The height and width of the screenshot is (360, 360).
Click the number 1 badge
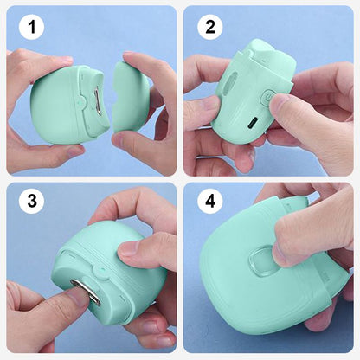[31, 27]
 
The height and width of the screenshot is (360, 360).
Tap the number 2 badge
[210, 27]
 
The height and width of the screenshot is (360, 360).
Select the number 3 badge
[31, 200]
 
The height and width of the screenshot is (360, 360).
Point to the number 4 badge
[210, 200]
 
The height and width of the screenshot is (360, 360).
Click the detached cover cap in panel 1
[131, 98]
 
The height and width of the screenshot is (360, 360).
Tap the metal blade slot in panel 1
[97, 102]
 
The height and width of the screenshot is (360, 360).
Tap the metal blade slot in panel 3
[87, 291]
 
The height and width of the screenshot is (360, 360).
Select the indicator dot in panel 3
[101, 271]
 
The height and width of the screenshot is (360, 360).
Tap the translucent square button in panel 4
[261, 261]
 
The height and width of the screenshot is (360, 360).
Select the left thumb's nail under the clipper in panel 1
[74, 151]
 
